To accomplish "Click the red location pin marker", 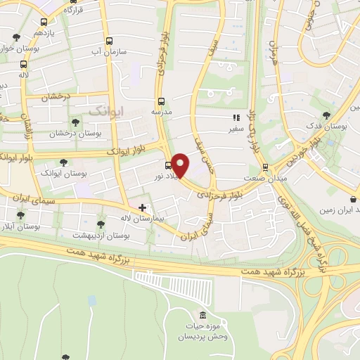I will pos(181,165).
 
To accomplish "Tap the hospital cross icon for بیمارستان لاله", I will pos(143,207).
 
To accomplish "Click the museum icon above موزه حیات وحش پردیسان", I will pos(203,314).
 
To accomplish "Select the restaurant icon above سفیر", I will pos(236,118).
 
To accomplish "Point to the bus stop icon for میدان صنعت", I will pos(265,167).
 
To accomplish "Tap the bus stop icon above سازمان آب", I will pos(108,41).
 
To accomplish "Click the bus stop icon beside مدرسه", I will pos(161,101).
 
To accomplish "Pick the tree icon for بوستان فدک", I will pos(325,115).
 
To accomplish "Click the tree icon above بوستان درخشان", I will pos(75,122).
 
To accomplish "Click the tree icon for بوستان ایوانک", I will pos(64,162).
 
